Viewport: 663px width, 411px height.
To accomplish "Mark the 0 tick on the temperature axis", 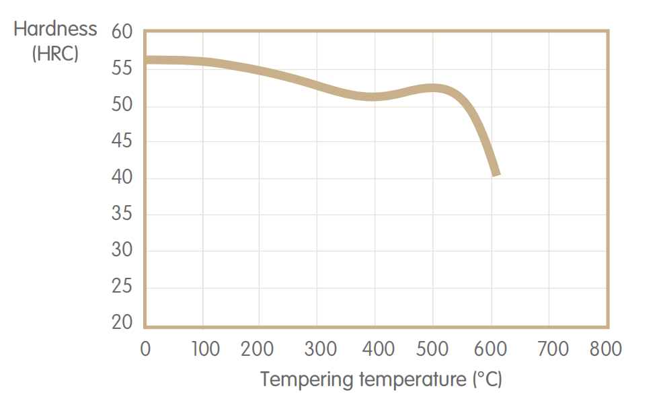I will tap(145, 349).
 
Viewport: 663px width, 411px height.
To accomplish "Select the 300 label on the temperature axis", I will tap(320, 349).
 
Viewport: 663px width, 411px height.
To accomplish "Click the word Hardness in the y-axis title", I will tap(55, 30).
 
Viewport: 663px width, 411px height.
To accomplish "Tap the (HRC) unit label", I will tap(55, 53).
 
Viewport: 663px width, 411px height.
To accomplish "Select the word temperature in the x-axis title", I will tap(409, 379).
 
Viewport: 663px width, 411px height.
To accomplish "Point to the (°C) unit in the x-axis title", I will tap(485, 379).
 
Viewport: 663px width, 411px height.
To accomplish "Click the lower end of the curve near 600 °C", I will tap(496, 174).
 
